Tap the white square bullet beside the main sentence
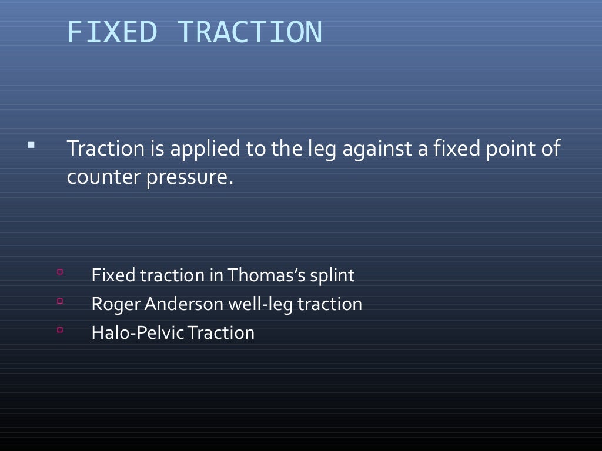31,143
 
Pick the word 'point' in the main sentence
506,149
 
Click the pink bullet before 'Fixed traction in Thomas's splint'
60,272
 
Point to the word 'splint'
334,275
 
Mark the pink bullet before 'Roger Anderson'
60,301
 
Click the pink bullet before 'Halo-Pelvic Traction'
60,330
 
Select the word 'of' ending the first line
550,149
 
